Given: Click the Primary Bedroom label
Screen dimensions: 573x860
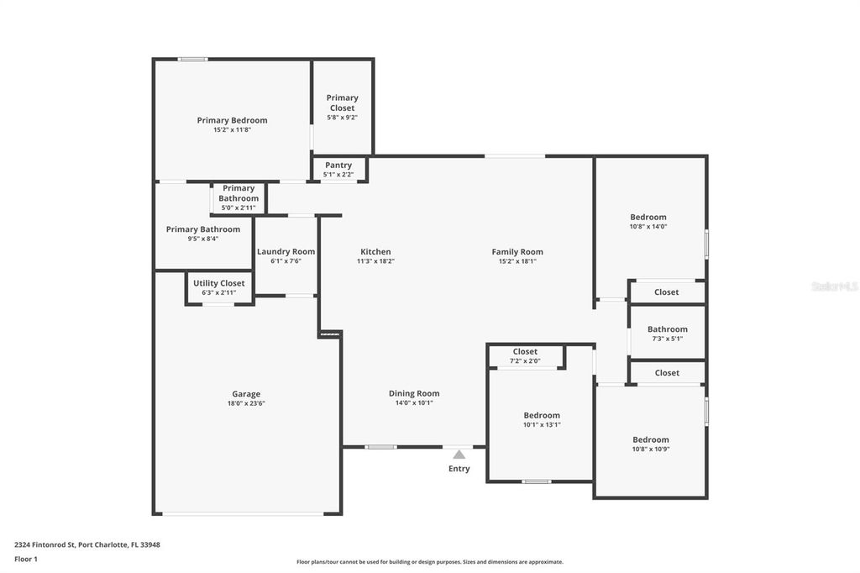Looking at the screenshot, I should pyautogui.click(x=232, y=120).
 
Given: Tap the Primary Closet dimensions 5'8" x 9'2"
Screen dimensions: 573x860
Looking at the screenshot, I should pyautogui.click(x=342, y=118).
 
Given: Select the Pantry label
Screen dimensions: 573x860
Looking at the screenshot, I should pyautogui.click(x=338, y=166).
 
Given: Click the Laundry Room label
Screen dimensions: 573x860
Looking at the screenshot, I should pyautogui.click(x=286, y=251).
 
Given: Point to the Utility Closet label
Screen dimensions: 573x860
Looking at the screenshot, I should pyautogui.click(x=218, y=283).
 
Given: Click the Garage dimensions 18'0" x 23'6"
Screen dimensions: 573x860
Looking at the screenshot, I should pyautogui.click(x=246, y=404).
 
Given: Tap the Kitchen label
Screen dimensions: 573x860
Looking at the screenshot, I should pyautogui.click(x=375, y=251).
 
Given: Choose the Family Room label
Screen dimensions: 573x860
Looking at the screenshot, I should pyautogui.click(x=517, y=251).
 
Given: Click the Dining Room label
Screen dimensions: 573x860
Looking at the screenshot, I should pyautogui.click(x=413, y=393).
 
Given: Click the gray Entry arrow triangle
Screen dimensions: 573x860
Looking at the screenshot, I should pyautogui.click(x=459, y=455).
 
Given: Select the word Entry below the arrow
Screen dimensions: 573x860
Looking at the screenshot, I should pyautogui.click(x=459, y=469).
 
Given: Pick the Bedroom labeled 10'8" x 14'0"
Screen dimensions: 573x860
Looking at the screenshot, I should pyautogui.click(x=648, y=217).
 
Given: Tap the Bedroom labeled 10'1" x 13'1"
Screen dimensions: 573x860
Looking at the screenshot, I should pyautogui.click(x=542, y=415).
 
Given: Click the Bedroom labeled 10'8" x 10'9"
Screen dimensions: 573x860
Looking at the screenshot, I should pyautogui.click(x=651, y=439).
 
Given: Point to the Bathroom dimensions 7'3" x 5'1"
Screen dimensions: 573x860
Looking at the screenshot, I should pyautogui.click(x=668, y=339).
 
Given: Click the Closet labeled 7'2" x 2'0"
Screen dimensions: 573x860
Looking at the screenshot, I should pyautogui.click(x=525, y=352).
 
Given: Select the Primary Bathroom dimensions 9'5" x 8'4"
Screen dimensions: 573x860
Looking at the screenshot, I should pyautogui.click(x=202, y=239).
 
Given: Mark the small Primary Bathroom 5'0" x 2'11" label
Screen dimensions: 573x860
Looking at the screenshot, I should pyautogui.click(x=239, y=198).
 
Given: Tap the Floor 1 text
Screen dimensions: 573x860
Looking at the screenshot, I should pyautogui.click(x=26, y=559).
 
